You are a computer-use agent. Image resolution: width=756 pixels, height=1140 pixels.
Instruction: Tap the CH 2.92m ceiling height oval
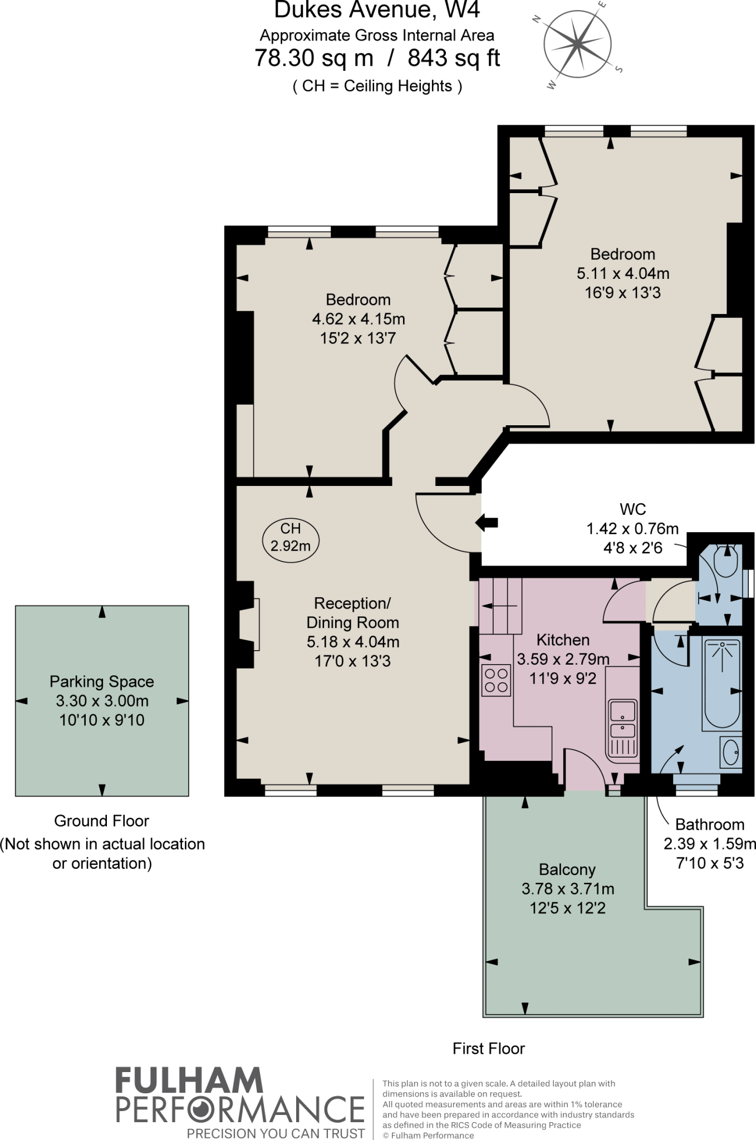pyautogui.click(x=291, y=537)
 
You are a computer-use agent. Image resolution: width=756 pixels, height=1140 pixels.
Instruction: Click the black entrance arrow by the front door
pyautogui.click(x=487, y=522)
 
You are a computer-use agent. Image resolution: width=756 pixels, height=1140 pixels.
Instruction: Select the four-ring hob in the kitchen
pyautogui.click(x=496, y=680)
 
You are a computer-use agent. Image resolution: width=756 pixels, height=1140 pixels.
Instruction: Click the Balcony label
pyautogui.click(x=567, y=869)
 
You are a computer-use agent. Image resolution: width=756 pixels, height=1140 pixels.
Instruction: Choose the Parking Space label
pyautogui.click(x=102, y=681)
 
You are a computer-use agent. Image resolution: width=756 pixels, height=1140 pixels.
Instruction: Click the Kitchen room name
pyautogui.click(x=563, y=640)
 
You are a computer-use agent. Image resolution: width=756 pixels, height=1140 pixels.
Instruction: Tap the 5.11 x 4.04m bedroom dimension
pyautogui.click(x=623, y=273)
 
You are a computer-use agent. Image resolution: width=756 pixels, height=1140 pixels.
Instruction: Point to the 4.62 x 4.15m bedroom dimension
pyautogui.click(x=358, y=319)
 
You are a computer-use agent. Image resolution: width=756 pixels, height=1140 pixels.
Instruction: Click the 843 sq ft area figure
pyautogui.click(x=454, y=58)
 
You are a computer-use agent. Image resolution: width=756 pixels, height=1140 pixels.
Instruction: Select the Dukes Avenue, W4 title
pyautogui.click(x=377, y=11)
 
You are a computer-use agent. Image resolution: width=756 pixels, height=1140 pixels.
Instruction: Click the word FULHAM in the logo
pyautogui.click(x=189, y=1080)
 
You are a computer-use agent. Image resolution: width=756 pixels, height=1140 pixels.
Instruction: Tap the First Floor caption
pyautogui.click(x=489, y=1049)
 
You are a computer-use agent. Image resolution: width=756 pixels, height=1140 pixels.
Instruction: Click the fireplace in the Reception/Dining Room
pyautogui.click(x=248, y=624)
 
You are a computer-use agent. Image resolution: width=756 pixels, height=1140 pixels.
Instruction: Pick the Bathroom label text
pyautogui.click(x=710, y=824)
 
